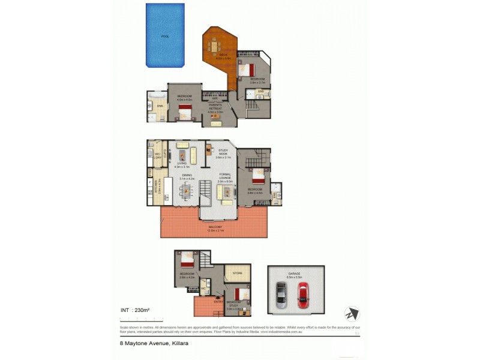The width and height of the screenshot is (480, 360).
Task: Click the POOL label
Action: (165, 37)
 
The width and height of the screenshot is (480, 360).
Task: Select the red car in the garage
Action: (302, 293)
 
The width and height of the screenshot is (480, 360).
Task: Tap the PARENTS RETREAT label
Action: (215, 107)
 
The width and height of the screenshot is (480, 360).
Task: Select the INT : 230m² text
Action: (135, 310)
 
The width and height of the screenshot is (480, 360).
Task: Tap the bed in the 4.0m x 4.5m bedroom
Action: (185, 110)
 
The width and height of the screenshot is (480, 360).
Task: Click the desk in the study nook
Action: (209, 149)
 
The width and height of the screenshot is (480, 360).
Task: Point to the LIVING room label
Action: (181, 163)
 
